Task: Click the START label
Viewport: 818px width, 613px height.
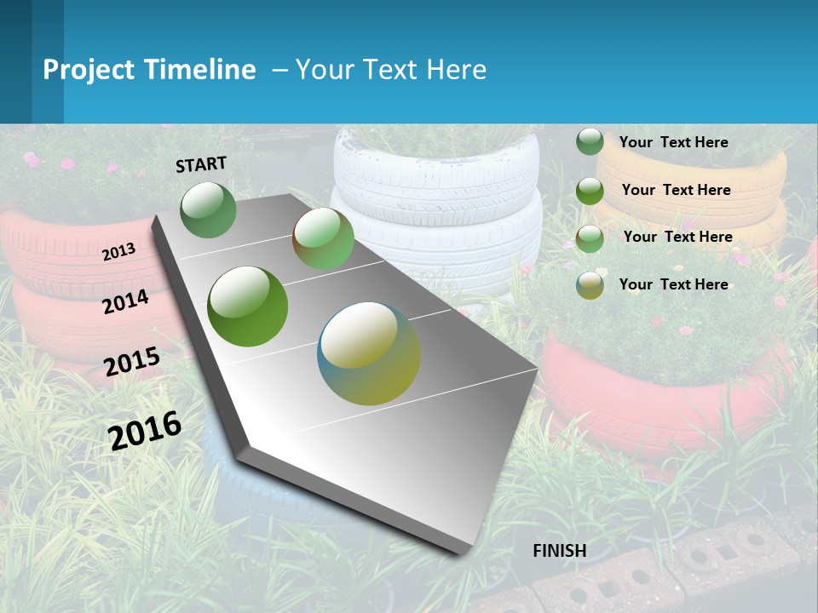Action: click(201, 164)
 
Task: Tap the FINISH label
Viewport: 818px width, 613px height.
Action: click(560, 551)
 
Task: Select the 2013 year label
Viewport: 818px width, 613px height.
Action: click(119, 251)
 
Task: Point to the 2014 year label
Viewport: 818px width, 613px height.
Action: click(126, 301)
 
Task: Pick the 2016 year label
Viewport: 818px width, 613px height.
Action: click(145, 430)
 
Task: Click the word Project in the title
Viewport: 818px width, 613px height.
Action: click(89, 70)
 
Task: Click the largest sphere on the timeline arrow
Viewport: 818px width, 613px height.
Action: click(369, 353)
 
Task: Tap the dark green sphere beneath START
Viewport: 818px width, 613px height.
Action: click(209, 209)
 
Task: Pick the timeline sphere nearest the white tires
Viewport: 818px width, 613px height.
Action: click(324, 238)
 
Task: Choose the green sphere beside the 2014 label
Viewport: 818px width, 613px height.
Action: click(248, 306)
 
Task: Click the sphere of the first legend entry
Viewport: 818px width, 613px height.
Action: click(590, 141)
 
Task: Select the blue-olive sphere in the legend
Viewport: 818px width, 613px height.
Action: click(590, 285)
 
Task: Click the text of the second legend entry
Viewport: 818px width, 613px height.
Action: click(676, 190)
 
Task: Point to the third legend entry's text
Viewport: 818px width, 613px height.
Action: click(677, 237)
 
